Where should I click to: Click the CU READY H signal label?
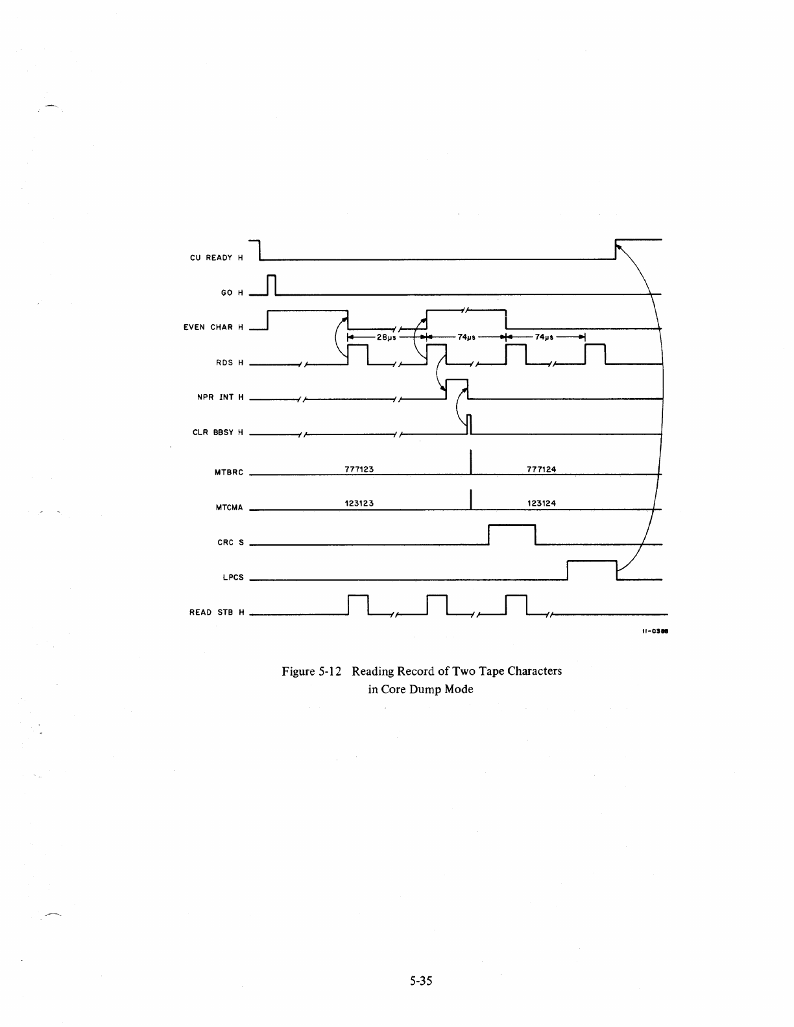(x=216, y=258)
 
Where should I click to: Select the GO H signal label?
(x=232, y=293)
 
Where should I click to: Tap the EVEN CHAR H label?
(x=213, y=327)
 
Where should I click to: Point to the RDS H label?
(x=230, y=362)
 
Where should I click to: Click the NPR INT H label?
(x=221, y=397)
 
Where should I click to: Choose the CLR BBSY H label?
(x=218, y=432)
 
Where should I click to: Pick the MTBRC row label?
(x=228, y=473)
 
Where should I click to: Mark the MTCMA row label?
(x=228, y=508)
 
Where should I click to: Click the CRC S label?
(x=230, y=543)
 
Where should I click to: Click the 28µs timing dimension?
(x=387, y=337)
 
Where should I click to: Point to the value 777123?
(x=359, y=469)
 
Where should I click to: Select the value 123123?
(x=359, y=502)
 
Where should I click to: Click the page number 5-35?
(x=420, y=981)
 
